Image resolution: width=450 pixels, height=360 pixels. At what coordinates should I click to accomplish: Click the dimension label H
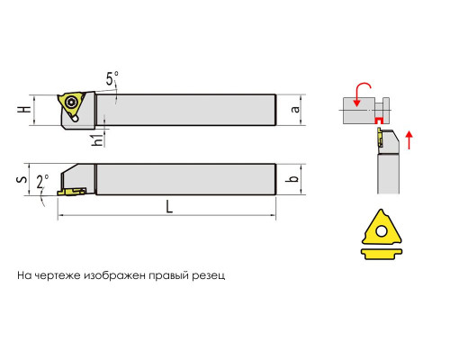click(x=24, y=110)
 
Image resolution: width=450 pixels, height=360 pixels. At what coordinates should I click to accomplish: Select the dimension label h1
click(x=98, y=139)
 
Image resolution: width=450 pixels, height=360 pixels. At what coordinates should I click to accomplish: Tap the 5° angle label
click(x=112, y=78)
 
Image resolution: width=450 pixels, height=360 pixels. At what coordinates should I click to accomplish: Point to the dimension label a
click(x=295, y=110)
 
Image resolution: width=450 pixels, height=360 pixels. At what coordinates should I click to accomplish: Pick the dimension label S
click(x=22, y=180)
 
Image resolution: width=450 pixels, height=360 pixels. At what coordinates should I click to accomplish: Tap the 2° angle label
click(x=42, y=182)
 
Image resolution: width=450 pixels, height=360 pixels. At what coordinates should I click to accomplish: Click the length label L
click(x=169, y=207)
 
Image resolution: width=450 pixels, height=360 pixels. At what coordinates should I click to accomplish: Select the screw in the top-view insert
click(x=72, y=103)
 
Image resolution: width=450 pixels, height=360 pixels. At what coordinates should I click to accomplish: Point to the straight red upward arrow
click(x=409, y=140)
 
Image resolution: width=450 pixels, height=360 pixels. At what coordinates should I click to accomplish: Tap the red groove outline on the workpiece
click(x=379, y=120)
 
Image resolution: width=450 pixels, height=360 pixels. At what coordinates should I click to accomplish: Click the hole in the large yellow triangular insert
click(x=382, y=231)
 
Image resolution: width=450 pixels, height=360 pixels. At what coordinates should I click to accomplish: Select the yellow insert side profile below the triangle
click(x=382, y=254)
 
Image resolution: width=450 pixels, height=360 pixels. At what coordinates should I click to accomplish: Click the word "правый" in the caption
click(x=169, y=275)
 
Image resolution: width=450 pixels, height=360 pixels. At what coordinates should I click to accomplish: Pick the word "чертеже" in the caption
click(x=58, y=275)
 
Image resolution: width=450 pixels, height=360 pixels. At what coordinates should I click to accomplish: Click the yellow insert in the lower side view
click(x=71, y=192)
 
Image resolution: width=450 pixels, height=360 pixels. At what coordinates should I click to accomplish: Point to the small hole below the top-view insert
click(x=75, y=119)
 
